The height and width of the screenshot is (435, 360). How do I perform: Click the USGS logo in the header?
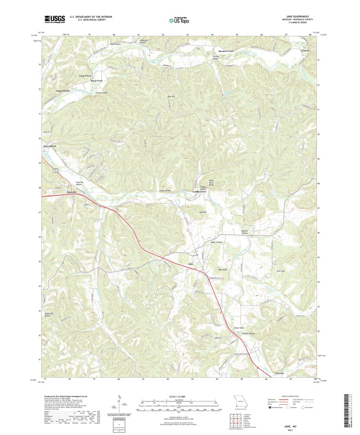[54, 19]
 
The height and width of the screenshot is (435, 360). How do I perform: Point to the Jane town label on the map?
[190, 264]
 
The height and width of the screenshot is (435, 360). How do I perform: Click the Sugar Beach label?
[63, 91]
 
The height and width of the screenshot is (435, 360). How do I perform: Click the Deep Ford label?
[96, 81]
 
